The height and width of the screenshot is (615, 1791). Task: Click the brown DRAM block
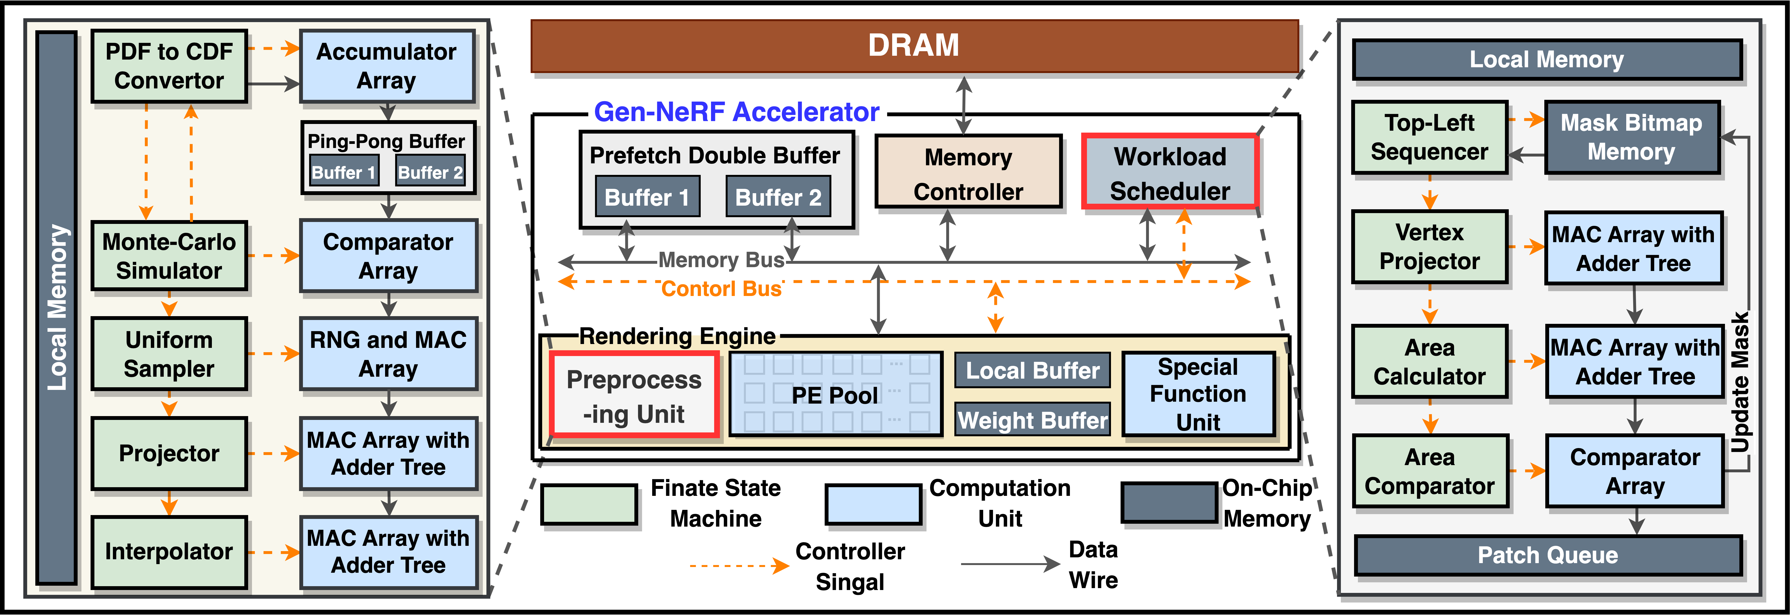[914, 46]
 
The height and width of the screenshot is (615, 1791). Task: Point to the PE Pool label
[835, 395]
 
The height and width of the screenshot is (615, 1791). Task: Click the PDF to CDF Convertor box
[169, 66]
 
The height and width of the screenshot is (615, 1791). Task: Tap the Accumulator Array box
[387, 66]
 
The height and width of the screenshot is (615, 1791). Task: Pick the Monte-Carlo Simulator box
[169, 256]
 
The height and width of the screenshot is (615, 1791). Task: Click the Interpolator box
[169, 552]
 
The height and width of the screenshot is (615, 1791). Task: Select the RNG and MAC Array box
[388, 353]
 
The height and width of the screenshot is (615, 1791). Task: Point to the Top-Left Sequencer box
[1429, 137]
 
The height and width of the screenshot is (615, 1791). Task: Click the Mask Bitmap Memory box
[1632, 137]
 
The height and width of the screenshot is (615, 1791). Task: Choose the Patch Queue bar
[1548, 555]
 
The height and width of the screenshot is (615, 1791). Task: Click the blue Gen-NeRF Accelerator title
[736, 112]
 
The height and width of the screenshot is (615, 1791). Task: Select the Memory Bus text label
[721, 260]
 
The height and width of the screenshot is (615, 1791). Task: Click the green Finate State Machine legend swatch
[589, 505]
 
